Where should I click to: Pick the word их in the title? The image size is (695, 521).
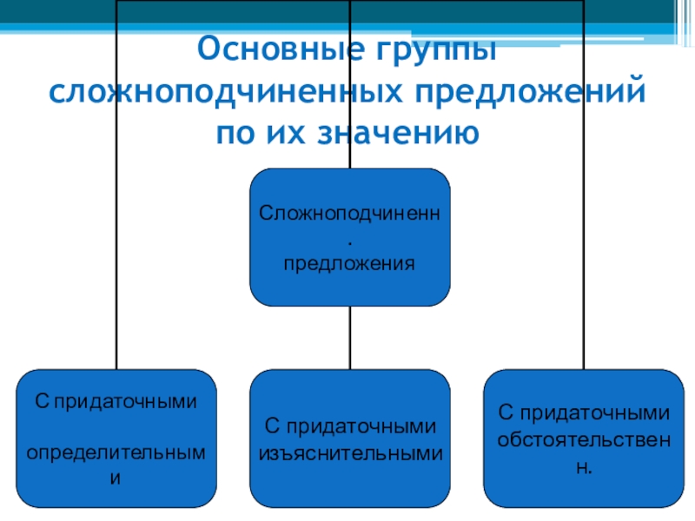coord(288,133)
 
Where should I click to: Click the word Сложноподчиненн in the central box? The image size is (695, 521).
coord(350,213)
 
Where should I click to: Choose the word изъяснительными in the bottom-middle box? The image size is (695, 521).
coord(350,452)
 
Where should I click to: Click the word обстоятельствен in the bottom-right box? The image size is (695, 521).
coord(584,439)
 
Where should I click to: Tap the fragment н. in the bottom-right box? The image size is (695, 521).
coord(584,465)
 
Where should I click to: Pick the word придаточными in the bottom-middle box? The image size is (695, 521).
coord(361,426)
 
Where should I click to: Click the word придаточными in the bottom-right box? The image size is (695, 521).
coord(594,413)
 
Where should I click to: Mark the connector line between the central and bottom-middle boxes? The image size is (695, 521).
coord(350,338)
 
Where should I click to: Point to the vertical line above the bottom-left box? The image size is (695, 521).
coord(116,260)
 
